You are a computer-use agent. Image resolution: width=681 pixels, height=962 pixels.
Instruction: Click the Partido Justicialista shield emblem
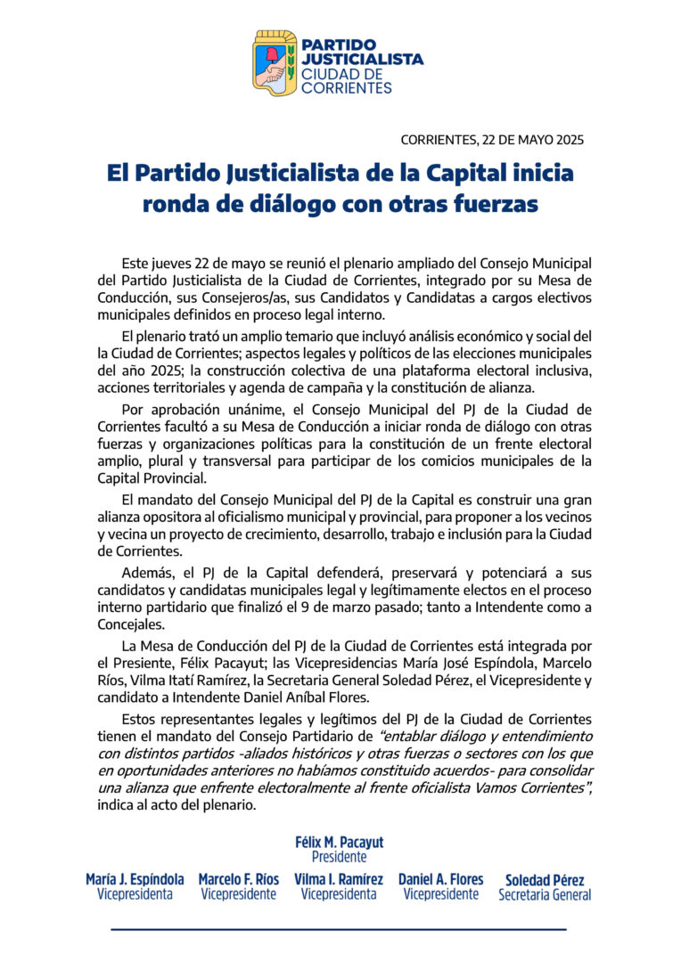(x=275, y=64)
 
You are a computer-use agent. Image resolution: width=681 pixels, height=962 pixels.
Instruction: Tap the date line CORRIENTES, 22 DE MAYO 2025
(x=492, y=140)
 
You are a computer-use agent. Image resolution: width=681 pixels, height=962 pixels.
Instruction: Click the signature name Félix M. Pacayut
(x=340, y=842)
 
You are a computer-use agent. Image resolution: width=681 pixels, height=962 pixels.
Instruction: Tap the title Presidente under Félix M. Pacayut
(x=339, y=857)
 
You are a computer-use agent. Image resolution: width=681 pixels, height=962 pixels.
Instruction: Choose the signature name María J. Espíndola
(x=135, y=879)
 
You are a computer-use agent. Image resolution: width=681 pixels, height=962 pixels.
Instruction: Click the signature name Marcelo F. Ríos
(x=238, y=879)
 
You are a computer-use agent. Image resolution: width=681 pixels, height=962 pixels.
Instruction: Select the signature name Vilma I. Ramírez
(x=339, y=879)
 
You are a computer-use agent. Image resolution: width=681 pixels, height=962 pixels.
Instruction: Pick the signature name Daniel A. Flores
(x=440, y=879)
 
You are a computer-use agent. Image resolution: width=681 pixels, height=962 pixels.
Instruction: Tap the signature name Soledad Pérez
(x=545, y=880)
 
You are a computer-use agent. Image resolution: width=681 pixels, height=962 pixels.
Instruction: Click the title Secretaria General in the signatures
(x=545, y=895)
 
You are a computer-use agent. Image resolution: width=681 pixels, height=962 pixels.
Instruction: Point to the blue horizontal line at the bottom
(x=339, y=929)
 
